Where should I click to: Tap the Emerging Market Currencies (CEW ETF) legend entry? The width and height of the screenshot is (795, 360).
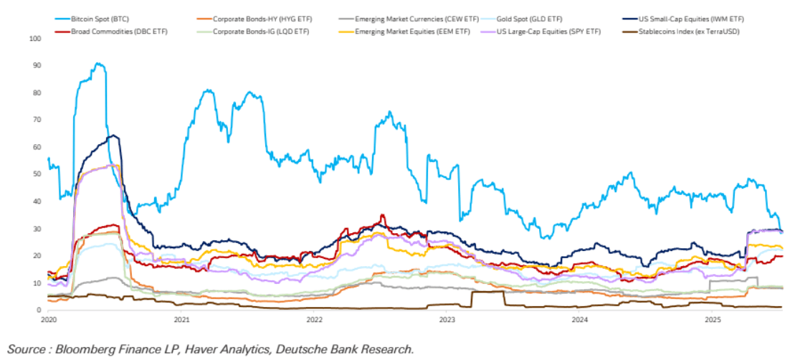click(411, 16)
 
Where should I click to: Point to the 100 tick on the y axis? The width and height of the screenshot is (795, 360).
click(34, 38)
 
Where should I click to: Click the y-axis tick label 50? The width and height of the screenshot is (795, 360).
click(37, 174)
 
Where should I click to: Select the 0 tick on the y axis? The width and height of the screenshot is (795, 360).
click(39, 311)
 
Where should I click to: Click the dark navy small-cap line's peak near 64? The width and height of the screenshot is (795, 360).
click(113, 135)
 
